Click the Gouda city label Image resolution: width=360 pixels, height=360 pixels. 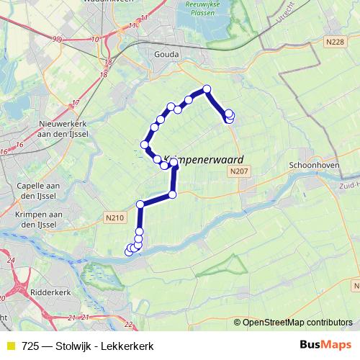pos(166,53)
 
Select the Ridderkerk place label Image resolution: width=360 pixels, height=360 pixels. pos(51,293)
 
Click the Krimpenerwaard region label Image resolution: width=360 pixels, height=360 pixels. pos(204,159)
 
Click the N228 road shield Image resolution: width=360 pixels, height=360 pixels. pos(334,42)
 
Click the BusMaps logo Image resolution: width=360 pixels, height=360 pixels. pos(325,345)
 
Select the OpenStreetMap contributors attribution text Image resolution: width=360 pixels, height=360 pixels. pos(297,323)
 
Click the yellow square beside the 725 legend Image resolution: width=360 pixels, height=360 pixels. pos(11,346)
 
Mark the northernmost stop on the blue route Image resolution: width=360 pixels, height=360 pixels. pos(207,89)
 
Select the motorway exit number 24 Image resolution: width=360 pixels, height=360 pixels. pos(11,260)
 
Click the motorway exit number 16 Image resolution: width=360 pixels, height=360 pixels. pos(5,152)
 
